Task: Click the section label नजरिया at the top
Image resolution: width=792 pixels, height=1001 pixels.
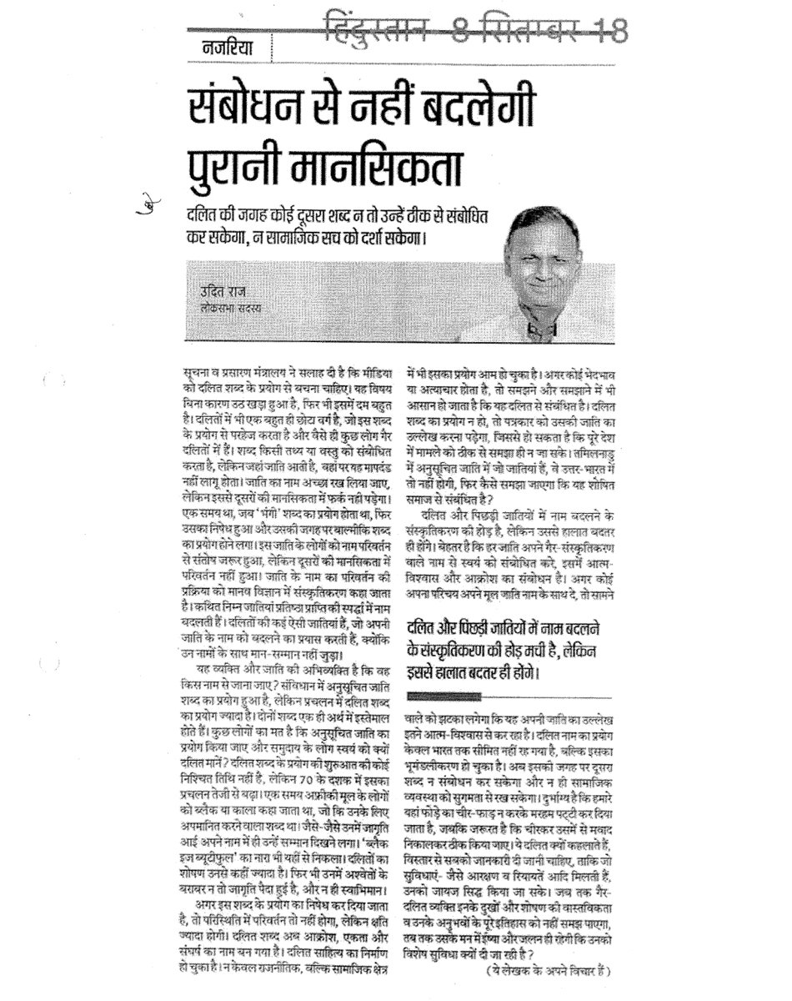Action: click(226, 48)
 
